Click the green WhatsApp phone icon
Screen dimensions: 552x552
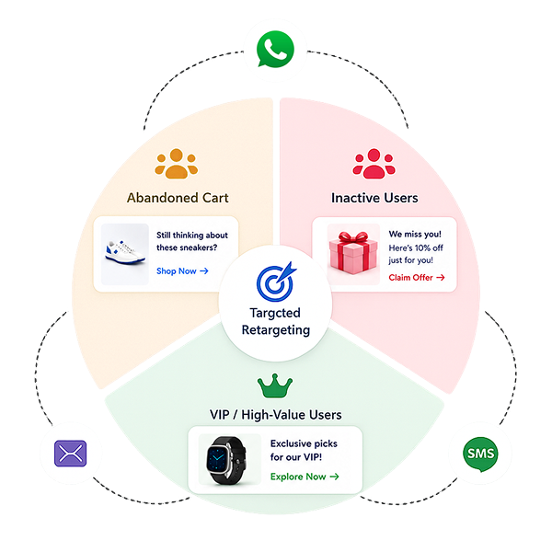[x=275, y=49]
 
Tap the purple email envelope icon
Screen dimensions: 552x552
[x=71, y=453]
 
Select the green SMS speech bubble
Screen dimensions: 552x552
[x=480, y=454]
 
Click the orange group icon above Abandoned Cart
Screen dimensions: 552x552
[x=176, y=164]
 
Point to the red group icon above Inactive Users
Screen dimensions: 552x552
[x=374, y=164]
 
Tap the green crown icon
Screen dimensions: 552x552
[x=275, y=385]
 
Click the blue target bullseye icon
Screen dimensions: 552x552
[x=276, y=282]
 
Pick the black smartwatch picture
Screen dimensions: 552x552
[x=226, y=460]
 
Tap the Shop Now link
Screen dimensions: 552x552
[x=182, y=271]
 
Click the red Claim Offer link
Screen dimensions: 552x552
[x=417, y=278]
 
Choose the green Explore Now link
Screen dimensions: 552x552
[x=305, y=477]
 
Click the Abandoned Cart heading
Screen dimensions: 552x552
[x=178, y=198]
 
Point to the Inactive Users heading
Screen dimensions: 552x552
[x=374, y=198]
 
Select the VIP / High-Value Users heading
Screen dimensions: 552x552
[x=276, y=415]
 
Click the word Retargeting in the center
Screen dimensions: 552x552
[x=276, y=330]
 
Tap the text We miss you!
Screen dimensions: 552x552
[x=415, y=234]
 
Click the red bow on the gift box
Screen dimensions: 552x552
[x=352, y=237]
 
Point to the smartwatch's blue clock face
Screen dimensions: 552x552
[x=218, y=458]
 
